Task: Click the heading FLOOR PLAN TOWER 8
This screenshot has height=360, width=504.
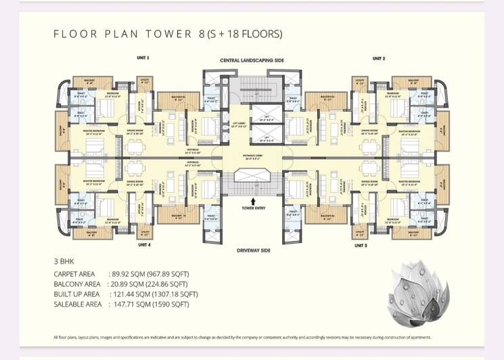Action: (x=167, y=34)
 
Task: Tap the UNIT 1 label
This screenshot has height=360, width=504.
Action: (x=143, y=58)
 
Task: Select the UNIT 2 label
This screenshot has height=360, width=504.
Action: (x=379, y=58)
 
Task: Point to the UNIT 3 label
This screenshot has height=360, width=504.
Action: (x=379, y=245)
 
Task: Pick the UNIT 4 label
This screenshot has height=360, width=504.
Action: (x=144, y=245)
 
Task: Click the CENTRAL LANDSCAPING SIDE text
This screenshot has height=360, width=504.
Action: (x=252, y=61)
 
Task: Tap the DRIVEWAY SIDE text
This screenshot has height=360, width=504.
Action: (x=253, y=250)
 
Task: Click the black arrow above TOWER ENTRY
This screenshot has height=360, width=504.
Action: (x=252, y=200)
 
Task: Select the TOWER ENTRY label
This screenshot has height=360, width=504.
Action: (x=252, y=208)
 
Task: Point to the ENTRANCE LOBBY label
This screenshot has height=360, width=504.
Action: (x=252, y=157)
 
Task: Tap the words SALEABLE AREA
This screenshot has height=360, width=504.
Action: (x=78, y=305)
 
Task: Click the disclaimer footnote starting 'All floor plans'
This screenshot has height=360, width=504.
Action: (x=242, y=337)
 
